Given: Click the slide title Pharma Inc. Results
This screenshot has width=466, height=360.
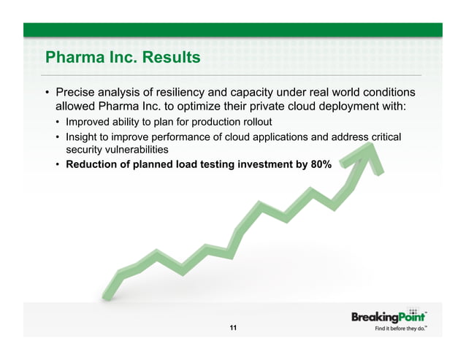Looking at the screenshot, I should coord(123,57).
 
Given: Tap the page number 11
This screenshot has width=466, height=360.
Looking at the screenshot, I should coord(233,329).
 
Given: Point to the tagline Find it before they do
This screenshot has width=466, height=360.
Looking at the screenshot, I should coord(400,330).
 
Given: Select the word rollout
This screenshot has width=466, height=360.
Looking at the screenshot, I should coord(253,121).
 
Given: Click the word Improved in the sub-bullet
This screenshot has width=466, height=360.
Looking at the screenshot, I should coord(88,121).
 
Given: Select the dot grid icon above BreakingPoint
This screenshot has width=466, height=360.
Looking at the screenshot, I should coord(413,310).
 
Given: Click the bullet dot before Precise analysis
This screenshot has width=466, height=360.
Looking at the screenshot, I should coord(48,93).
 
